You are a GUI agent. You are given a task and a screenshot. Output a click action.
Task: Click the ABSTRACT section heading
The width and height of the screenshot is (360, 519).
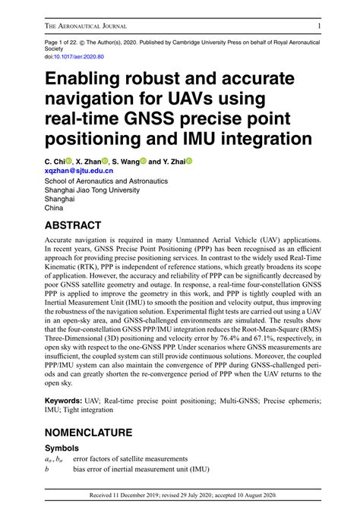click(x=84, y=225)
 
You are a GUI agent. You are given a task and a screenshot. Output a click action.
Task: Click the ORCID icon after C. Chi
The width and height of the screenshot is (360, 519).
click(x=68, y=162)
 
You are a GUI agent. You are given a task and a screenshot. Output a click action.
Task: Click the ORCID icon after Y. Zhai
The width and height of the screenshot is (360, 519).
click(x=189, y=162)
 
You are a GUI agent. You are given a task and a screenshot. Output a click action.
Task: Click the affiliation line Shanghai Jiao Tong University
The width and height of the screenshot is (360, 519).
click(x=93, y=192)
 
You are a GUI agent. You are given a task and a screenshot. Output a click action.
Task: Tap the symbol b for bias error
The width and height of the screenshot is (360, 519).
click(x=47, y=471)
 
